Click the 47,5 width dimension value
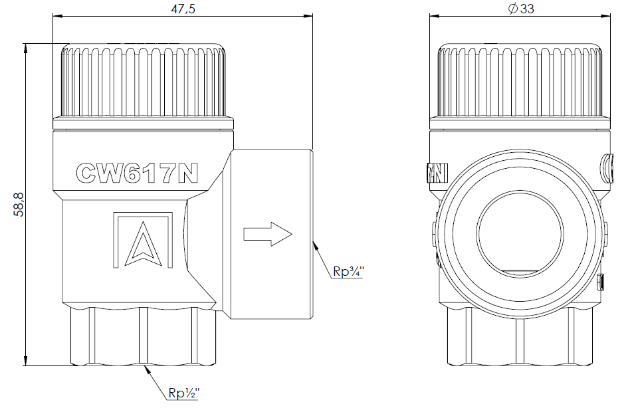click(183, 8)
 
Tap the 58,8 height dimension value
click(19, 205)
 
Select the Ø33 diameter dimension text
click(521, 8)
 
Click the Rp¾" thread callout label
click(348, 271)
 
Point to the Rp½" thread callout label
click(184, 393)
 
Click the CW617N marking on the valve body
click(137, 173)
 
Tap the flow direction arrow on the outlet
click(268, 234)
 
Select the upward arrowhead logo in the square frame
click(143, 245)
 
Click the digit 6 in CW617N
click(136, 173)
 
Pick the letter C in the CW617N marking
click(87, 173)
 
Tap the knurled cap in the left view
click(143, 80)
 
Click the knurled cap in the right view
click(520, 80)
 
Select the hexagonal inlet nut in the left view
click(143, 336)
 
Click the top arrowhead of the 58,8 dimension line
click(25, 47)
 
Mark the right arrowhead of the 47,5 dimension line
click(308, 16)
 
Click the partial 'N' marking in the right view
click(438, 173)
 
